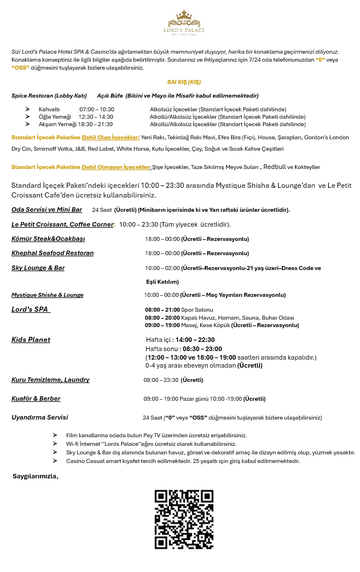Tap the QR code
[x=184, y=519]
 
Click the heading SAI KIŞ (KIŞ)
[x=183, y=82]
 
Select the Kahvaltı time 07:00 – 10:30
[x=96, y=109]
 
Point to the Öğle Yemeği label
[x=55, y=116]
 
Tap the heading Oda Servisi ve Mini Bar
[x=47, y=210]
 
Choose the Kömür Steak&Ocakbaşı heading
[x=48, y=239]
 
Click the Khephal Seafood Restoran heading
[x=52, y=253]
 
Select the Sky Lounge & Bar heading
[x=38, y=268]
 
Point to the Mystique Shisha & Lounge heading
[x=47, y=295]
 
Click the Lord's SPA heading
[x=31, y=309]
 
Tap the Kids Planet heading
[x=31, y=340]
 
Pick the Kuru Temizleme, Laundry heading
[x=50, y=380]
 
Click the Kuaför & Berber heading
[x=36, y=398]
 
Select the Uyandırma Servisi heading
[x=39, y=417]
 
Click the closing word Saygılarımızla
[x=35, y=476]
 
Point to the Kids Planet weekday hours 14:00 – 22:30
[x=195, y=340]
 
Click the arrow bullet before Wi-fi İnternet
[x=55, y=444]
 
